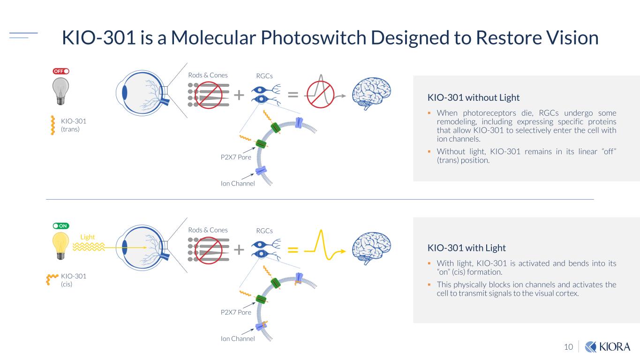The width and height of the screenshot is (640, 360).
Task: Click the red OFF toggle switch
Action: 61,71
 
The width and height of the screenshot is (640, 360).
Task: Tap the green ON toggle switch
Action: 61,226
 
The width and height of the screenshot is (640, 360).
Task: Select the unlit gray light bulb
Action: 60,91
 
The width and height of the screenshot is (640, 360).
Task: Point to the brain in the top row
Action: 371,93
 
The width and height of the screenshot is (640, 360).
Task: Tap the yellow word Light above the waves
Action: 87,237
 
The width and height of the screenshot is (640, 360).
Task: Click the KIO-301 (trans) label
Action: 74,125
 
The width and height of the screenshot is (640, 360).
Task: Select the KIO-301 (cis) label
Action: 74,280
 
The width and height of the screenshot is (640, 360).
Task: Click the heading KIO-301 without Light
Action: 474,97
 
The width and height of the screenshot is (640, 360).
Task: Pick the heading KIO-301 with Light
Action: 467,248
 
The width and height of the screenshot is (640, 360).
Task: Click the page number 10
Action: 569,347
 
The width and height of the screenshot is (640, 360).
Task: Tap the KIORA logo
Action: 608,347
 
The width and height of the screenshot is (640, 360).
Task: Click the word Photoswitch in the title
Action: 313,38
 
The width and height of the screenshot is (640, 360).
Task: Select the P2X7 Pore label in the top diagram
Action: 236,157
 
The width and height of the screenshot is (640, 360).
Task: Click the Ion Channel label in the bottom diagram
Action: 238,338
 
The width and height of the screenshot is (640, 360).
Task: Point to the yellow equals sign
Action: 293,250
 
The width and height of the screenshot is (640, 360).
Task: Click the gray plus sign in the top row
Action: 239,95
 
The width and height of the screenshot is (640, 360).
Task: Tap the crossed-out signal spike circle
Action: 320,94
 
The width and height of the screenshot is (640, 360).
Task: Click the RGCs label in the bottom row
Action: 264,231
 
